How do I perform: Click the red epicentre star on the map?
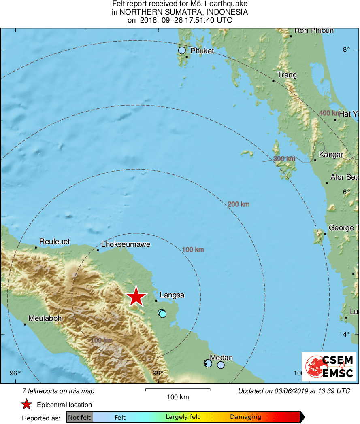click(136, 297)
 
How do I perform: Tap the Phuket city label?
click(202, 51)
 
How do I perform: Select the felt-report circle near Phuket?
click(182, 50)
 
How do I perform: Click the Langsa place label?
click(172, 295)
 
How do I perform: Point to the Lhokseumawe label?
click(126, 244)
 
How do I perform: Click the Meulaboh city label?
click(45, 318)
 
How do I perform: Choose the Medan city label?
click(222, 357)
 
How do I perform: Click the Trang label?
click(287, 75)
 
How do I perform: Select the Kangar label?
click(331, 155)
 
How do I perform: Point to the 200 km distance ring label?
click(238, 204)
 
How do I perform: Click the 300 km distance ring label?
click(284, 159)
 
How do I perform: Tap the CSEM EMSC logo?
click(329, 367)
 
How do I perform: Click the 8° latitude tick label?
click(346, 50)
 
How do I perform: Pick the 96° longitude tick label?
click(15, 373)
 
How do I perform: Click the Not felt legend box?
click(79, 417)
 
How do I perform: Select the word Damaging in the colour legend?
click(245, 417)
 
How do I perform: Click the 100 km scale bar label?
click(178, 397)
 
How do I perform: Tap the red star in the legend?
click(27, 404)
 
